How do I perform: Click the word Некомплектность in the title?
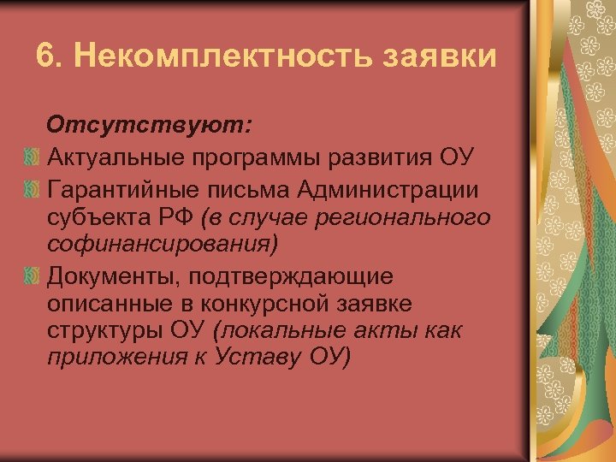pos(212,56)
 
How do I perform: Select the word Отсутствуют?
pos(150,126)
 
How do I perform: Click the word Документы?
pos(115,275)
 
